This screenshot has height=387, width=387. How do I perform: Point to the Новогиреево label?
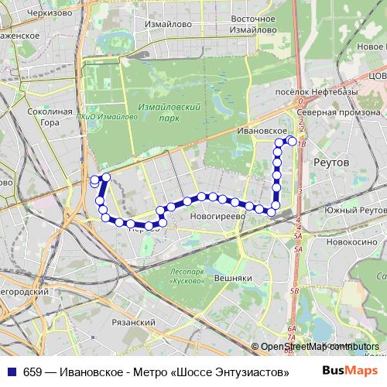pos(217,217)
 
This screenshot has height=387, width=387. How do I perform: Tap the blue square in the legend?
pos(10,372)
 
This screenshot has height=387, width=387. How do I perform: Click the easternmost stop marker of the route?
pos(292,141)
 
